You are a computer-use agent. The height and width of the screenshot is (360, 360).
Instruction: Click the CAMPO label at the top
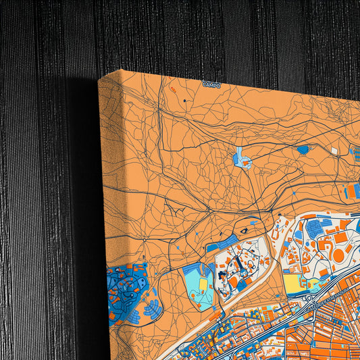[x=211, y=85]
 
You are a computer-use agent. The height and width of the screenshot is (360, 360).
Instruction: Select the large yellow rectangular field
[x=294, y=282]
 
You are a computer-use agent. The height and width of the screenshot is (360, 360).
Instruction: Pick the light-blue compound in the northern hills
[x=241, y=159]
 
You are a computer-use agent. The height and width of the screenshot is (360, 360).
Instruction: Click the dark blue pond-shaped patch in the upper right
[x=303, y=149]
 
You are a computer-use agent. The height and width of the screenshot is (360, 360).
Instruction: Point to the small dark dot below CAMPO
[x=184, y=101]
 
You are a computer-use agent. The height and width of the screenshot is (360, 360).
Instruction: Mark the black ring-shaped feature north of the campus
[x=244, y=230]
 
